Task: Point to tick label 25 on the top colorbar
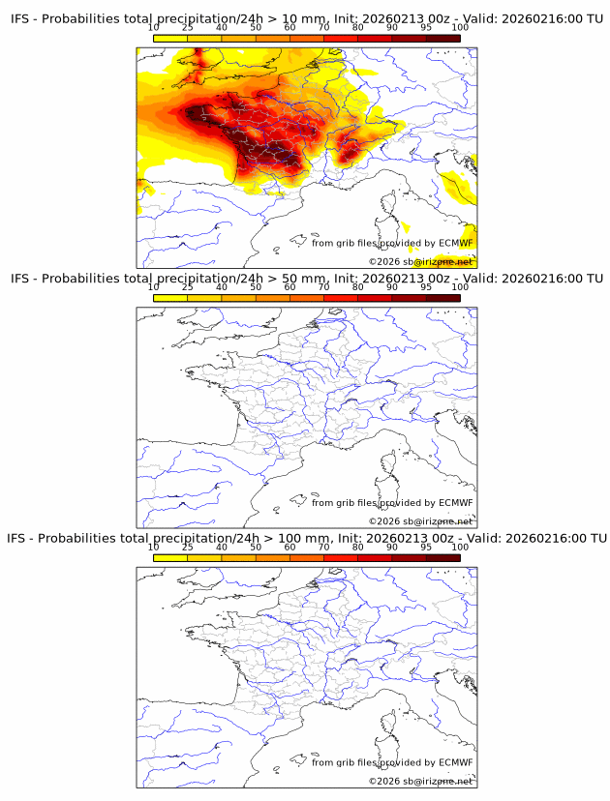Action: click(188, 28)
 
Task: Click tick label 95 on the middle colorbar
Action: click(426, 287)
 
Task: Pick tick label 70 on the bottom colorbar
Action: click(323, 547)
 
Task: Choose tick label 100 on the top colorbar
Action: click(460, 28)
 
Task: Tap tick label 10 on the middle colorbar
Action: click(154, 287)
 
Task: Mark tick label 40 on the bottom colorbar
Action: click(222, 547)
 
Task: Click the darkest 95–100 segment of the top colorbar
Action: click(442, 38)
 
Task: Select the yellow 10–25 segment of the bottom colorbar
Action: click(170, 557)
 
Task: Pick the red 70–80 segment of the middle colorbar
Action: click(340, 298)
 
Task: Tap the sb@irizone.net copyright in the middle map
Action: click(432, 521)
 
